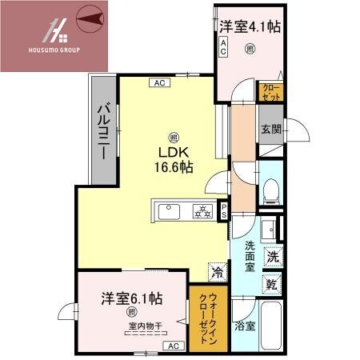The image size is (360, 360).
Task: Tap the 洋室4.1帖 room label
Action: coord(250,27)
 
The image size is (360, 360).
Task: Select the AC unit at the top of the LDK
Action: coord(158,82)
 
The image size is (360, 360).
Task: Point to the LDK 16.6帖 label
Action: coord(173,160)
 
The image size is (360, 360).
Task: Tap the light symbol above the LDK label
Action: coord(174,136)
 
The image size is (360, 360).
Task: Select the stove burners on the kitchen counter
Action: coord(203,211)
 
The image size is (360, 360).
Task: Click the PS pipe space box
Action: coord(225,211)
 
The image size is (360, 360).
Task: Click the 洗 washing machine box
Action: coord(273,258)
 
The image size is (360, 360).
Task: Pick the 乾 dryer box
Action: coord(273,283)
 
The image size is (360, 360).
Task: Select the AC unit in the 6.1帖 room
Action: coord(172,346)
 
